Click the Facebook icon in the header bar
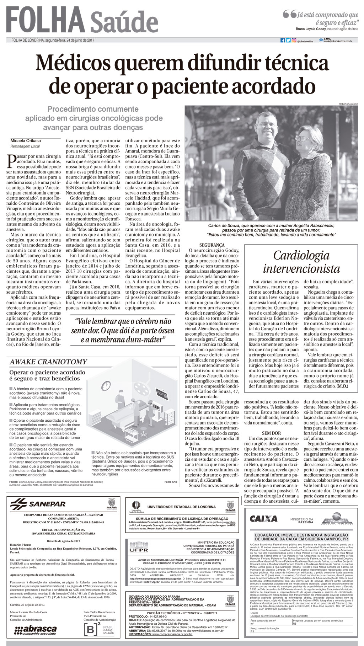(283, 40)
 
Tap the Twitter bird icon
(288, 40)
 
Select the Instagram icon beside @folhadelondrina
(294, 40)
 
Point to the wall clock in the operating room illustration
(106, 385)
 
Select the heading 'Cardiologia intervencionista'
(301, 262)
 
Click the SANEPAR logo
(38, 504)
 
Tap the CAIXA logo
(263, 518)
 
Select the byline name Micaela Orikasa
(26, 141)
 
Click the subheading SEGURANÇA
(212, 245)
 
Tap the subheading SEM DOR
(271, 433)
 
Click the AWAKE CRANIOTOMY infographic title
(48, 362)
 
